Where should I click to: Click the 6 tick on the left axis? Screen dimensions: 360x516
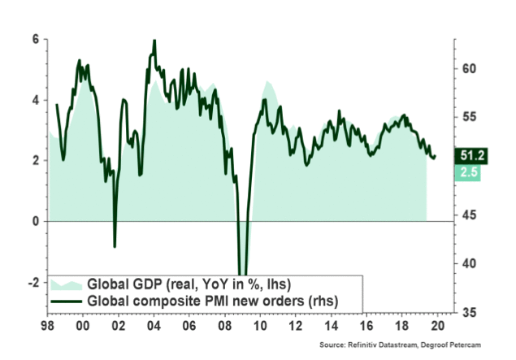pos(35,38)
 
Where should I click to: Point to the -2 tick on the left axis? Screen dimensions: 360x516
pos(33,282)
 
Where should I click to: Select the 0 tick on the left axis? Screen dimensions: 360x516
pos(35,221)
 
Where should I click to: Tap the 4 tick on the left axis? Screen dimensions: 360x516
pos(35,99)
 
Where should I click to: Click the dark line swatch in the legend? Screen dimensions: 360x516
pos(67,301)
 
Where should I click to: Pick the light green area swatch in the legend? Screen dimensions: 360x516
pos(67,284)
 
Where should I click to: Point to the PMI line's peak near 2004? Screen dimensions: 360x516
pos(154,41)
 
